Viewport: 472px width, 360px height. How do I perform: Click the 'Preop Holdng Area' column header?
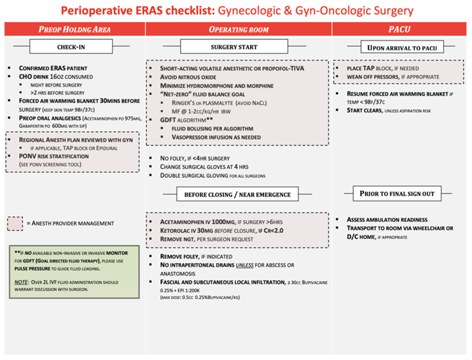[74, 30]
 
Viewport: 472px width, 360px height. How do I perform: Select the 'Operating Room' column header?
[238, 30]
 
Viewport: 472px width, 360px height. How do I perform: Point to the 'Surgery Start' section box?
[238, 47]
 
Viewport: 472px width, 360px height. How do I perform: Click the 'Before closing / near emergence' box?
[238, 194]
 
